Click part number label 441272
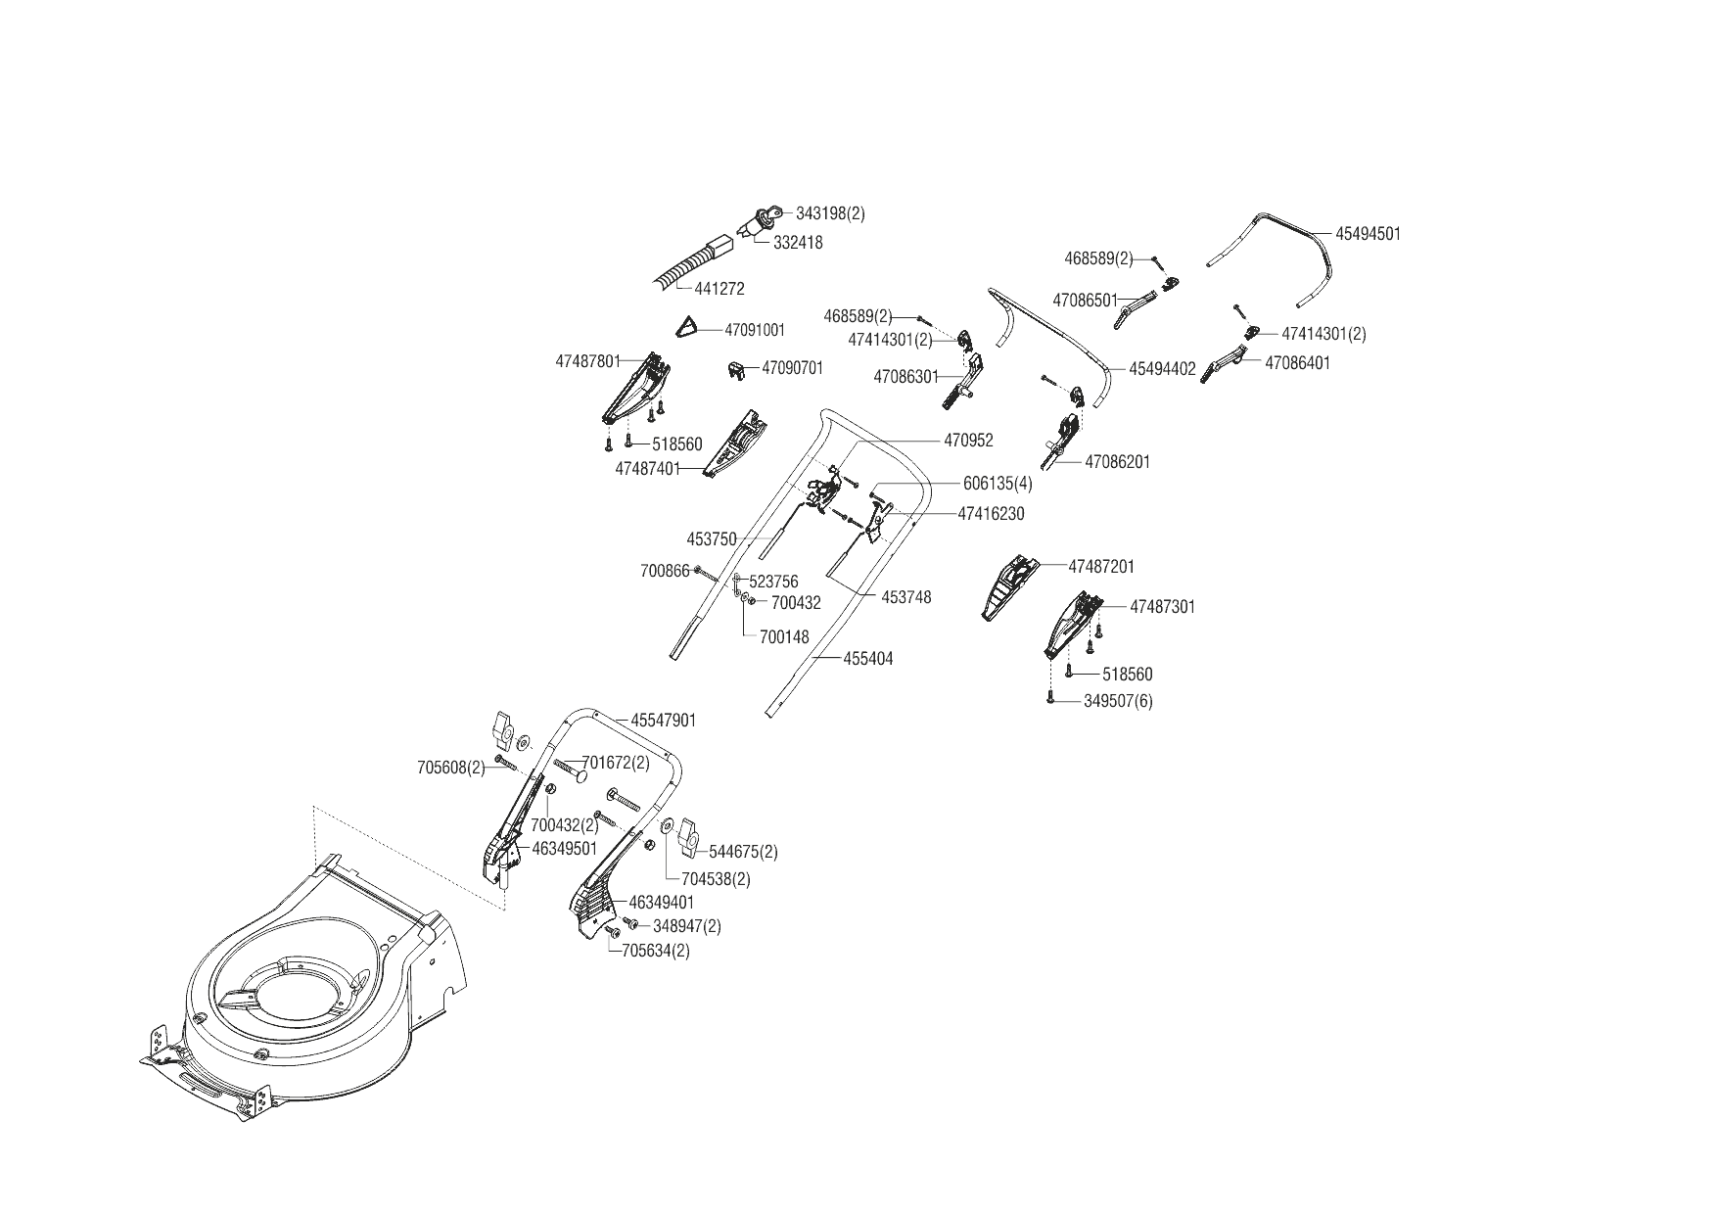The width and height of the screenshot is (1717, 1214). (719, 289)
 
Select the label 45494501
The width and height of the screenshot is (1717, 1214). (1368, 234)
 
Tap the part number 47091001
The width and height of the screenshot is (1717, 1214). (755, 330)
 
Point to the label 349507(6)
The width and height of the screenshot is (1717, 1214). (1118, 701)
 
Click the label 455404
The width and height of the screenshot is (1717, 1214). (867, 659)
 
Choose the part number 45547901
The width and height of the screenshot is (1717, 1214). (663, 721)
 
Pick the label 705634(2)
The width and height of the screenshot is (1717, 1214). (656, 951)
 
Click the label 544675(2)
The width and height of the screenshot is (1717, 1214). (743, 852)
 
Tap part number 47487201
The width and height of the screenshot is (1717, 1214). (1101, 567)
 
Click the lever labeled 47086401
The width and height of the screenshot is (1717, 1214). (1225, 364)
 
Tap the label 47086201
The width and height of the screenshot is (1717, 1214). (1118, 462)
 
